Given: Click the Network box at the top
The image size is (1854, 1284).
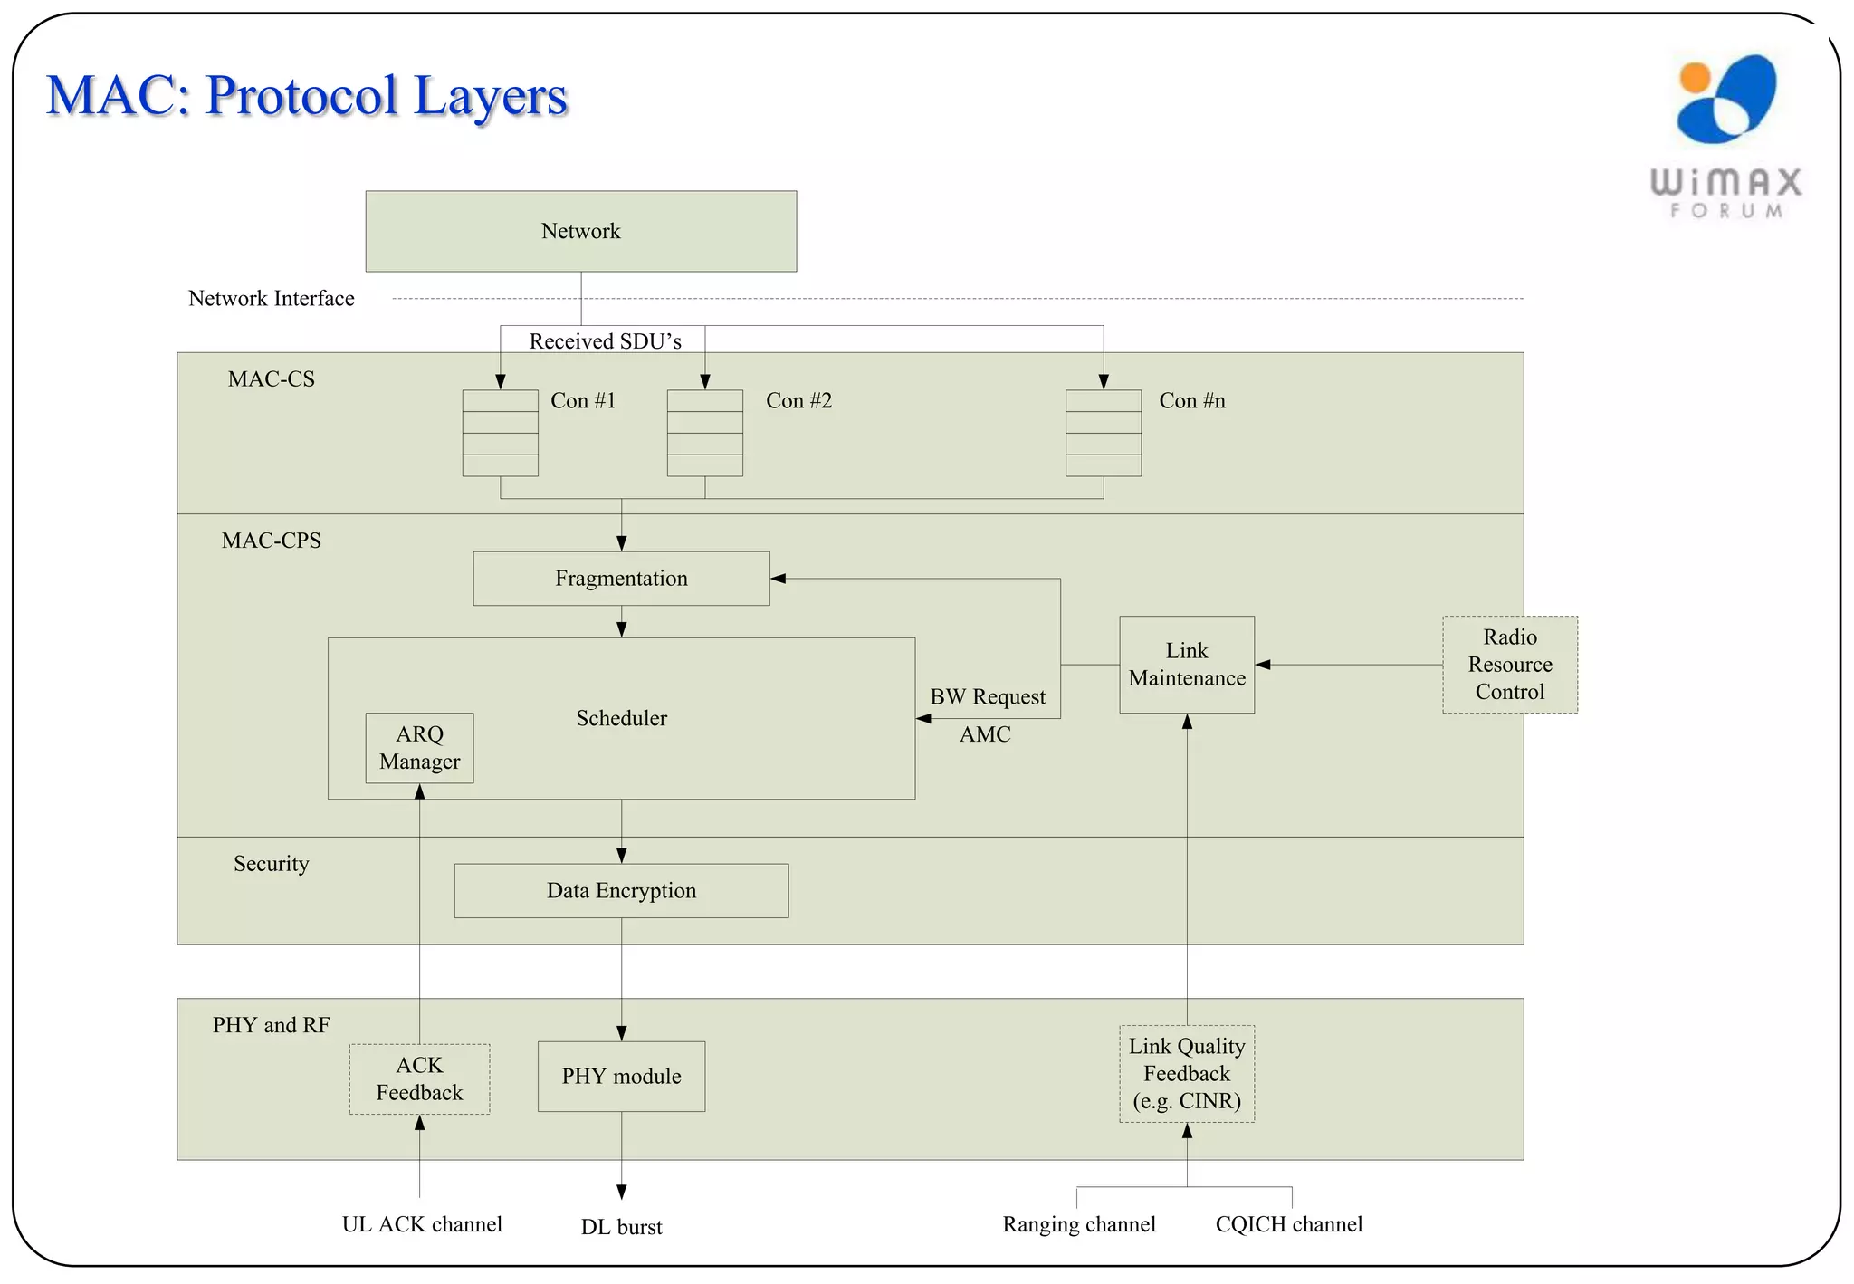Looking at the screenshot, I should pyautogui.click(x=580, y=231).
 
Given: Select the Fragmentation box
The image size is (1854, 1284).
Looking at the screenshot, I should pyautogui.click(x=621, y=579).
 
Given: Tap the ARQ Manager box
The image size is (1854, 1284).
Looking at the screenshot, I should pyautogui.click(x=419, y=748).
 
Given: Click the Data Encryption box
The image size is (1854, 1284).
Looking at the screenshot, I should pyautogui.click(x=621, y=891).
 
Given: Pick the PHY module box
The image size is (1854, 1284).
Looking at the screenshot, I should pyautogui.click(x=621, y=1077).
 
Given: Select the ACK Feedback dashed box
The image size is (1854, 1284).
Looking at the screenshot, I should pyautogui.click(x=419, y=1078).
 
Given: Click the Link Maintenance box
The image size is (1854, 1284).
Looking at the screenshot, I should pyautogui.click(x=1186, y=665).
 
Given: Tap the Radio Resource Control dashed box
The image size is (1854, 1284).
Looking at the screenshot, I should pyautogui.click(x=1509, y=665).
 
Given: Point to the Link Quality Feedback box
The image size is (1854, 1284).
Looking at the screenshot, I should pyautogui.click(x=1186, y=1074).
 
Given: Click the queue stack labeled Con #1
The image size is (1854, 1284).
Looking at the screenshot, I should pyautogui.click(x=500, y=433).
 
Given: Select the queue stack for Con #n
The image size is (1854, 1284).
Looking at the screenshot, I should pyautogui.click(x=1103, y=433).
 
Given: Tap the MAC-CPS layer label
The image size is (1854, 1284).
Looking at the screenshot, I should pyautogui.click(x=271, y=541).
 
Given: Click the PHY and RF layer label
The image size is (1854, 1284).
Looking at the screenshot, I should pyautogui.click(x=271, y=1025).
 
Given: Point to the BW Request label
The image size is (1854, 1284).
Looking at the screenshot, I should pyautogui.click(x=987, y=697).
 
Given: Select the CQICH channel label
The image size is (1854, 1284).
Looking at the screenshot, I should pyautogui.click(x=1288, y=1224).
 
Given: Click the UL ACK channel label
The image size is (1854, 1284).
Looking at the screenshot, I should pyautogui.click(x=422, y=1224).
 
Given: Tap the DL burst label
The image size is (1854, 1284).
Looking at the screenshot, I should pyautogui.click(x=621, y=1227).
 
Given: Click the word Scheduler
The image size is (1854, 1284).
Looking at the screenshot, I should pyautogui.click(x=621, y=718).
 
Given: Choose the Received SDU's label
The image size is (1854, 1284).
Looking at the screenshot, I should pyautogui.click(x=605, y=341).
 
